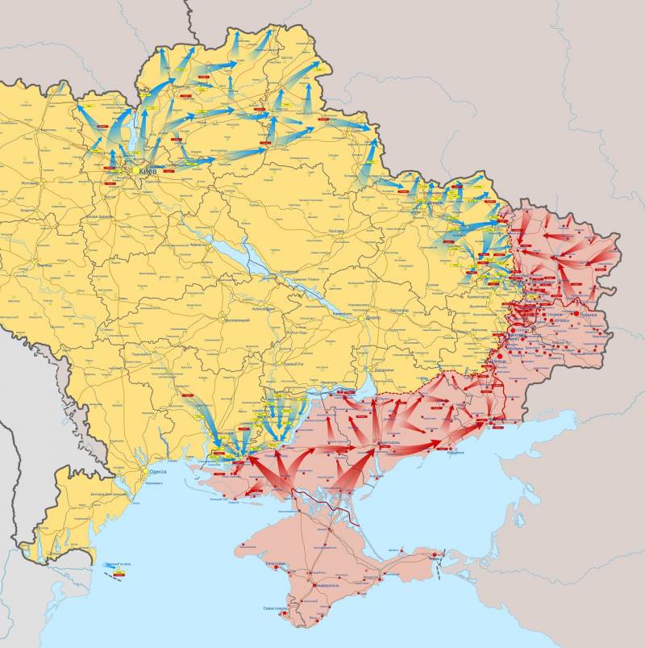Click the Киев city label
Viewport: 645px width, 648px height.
(148, 172)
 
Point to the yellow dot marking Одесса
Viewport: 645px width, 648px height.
(146, 472)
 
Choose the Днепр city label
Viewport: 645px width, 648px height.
(372, 318)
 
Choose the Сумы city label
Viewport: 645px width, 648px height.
(356, 131)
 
